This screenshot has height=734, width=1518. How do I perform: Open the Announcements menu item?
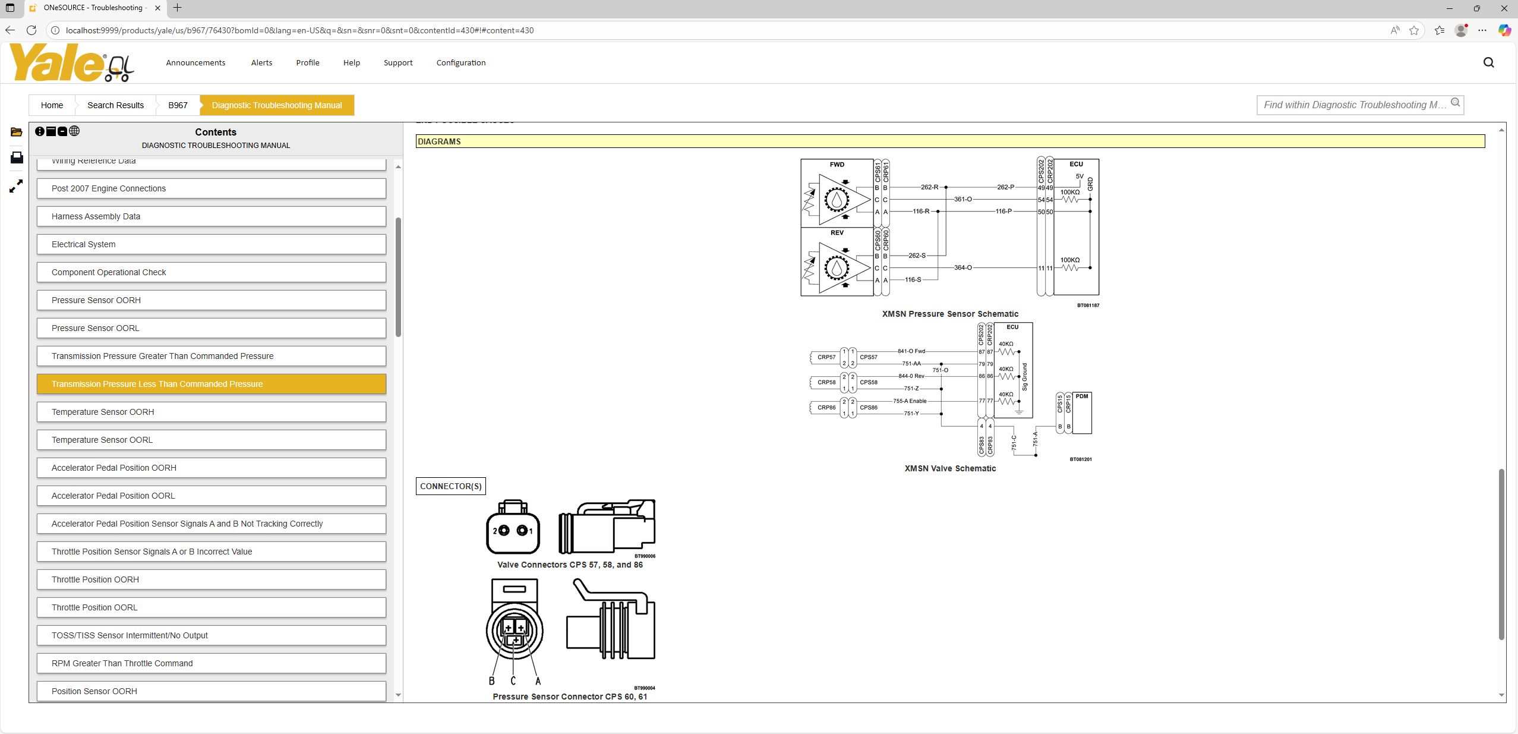click(195, 62)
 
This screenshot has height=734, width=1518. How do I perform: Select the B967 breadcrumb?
click(178, 105)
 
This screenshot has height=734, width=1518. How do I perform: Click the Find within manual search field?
click(1354, 105)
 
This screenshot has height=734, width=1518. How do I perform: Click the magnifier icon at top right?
click(1488, 62)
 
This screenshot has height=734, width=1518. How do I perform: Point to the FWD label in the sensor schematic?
click(837, 165)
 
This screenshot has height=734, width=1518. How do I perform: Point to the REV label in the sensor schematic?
click(837, 233)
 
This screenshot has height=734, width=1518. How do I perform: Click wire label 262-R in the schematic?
click(929, 187)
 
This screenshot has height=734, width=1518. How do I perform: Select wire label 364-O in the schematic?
click(962, 267)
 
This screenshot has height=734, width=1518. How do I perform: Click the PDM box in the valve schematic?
click(1082, 412)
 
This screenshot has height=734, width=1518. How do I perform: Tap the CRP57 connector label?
click(826, 357)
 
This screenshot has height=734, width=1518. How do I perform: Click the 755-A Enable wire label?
click(910, 401)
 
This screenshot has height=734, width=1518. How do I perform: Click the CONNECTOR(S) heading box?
click(450, 486)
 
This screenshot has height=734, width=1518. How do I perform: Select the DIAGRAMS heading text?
click(439, 141)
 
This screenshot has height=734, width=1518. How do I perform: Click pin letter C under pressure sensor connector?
click(513, 681)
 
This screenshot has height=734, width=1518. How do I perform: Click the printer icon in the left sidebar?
click(17, 157)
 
